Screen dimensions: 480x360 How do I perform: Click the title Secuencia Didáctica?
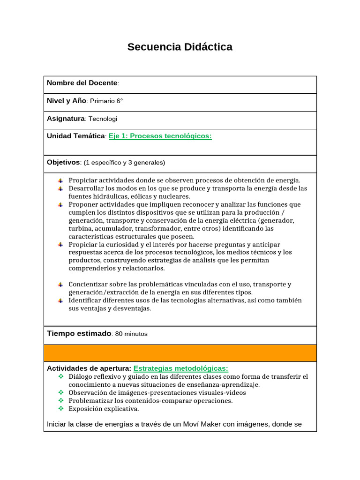pyautogui.click(x=180, y=47)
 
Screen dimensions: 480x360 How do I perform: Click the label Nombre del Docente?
pyautogui.click(x=82, y=83)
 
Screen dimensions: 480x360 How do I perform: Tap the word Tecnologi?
pyautogui.click(x=103, y=119)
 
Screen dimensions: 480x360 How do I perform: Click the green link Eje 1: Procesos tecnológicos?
pyautogui.click(x=160, y=136)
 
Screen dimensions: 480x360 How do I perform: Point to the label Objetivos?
pyautogui.click(x=64, y=162)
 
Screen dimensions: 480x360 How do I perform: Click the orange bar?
pyautogui.click(x=180, y=353)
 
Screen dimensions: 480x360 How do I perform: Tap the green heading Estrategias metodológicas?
pyautogui.click(x=180, y=368)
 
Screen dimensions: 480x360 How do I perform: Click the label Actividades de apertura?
pyautogui.click(x=89, y=368)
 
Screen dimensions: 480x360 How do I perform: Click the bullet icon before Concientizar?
pyautogui.click(x=60, y=285)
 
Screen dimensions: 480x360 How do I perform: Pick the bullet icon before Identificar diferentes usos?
pyautogui.click(x=60, y=300)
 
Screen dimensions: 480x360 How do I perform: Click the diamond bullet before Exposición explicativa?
pyautogui.click(x=60, y=409)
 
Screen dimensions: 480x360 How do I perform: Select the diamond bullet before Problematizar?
pyautogui.click(x=60, y=401)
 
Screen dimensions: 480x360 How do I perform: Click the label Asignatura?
pyautogui.click(x=66, y=119)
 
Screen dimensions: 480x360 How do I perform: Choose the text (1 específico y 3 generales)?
pyautogui.click(x=124, y=163)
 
